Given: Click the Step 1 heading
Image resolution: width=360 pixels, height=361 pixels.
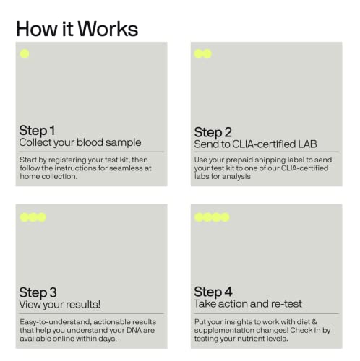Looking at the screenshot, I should [x=37, y=131].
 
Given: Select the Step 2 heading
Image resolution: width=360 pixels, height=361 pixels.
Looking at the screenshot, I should [x=213, y=131].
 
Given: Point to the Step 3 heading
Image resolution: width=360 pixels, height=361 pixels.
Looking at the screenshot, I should [x=38, y=292].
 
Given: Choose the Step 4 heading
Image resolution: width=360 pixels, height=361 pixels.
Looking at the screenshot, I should [x=213, y=292].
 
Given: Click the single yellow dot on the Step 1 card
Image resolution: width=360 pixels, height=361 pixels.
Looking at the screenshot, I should [x=25, y=54].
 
